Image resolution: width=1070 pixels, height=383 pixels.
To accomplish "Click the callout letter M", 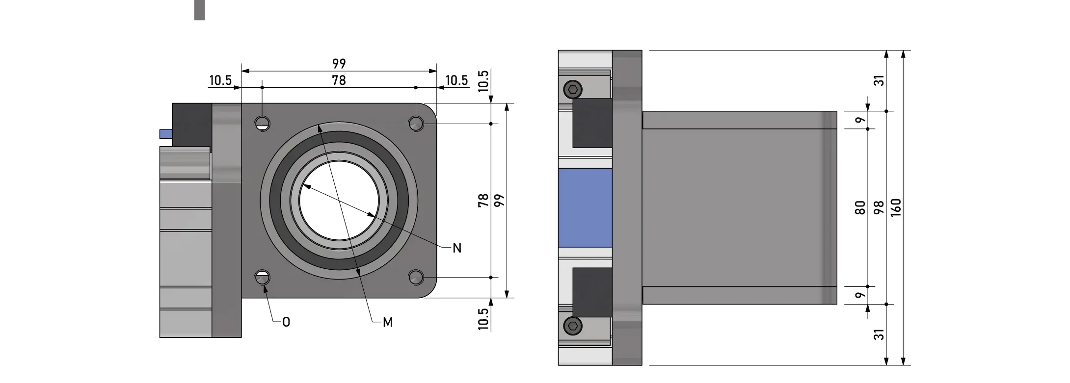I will pos(388,322).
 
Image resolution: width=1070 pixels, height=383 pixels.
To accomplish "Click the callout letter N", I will pos(457,248).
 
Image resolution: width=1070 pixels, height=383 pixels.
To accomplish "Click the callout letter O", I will pos(286,322).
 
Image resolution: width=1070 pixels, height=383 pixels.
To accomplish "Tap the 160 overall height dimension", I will pos(896,208).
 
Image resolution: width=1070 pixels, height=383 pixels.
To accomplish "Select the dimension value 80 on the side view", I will pos(860,208).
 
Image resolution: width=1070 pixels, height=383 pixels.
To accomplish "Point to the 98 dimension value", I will pos(879,208).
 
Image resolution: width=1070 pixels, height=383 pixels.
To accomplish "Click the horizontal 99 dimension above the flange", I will pos(339,64).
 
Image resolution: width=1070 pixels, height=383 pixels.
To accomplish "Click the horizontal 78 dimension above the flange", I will pos(339,80).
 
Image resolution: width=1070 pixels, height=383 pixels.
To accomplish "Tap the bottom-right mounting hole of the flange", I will pos(416,278).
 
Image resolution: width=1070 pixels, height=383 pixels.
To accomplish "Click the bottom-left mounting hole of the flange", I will pos(263,278).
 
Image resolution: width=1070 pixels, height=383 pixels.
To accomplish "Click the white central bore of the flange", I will pos(339,201).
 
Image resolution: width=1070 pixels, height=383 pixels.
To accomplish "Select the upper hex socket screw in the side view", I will pos(572,89).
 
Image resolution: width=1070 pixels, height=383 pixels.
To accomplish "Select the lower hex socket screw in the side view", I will pos(572,326).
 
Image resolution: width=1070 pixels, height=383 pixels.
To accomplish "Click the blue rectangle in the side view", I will pos(585,208).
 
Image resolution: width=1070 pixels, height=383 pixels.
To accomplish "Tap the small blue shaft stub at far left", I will pos(165,134).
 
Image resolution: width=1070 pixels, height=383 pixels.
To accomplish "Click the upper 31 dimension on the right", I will pos(880,80).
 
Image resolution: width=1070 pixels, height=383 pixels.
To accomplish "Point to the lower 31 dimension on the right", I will pos(880,334).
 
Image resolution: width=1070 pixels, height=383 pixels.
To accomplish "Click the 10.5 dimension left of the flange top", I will pos(220,80).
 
